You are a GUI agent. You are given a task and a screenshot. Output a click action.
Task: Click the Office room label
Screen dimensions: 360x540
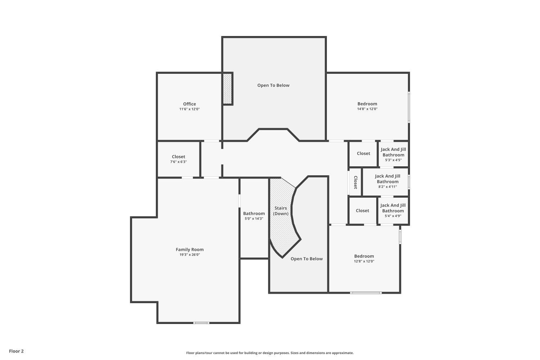click(x=189, y=104)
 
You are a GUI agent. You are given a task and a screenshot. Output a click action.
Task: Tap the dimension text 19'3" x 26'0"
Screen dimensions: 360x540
click(x=190, y=255)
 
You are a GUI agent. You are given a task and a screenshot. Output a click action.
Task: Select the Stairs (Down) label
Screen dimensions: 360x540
click(x=281, y=211)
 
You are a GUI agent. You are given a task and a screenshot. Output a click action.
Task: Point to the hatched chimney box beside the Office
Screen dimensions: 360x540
click(x=227, y=89)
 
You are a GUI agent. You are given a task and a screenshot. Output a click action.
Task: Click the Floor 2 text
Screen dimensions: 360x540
click(x=16, y=351)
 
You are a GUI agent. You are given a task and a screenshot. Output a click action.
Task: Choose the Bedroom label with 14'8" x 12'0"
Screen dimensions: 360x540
click(x=367, y=104)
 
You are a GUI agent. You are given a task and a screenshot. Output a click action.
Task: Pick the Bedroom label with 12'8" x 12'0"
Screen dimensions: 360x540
click(x=364, y=256)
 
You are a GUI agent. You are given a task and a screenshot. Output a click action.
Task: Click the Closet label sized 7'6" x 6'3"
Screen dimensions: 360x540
click(x=179, y=157)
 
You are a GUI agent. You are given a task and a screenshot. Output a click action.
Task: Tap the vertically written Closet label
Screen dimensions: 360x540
click(x=355, y=182)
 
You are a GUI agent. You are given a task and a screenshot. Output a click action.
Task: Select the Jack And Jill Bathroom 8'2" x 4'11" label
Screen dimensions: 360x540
click(x=387, y=179)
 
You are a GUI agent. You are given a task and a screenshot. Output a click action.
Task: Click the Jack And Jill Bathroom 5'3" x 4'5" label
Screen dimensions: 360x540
click(x=393, y=152)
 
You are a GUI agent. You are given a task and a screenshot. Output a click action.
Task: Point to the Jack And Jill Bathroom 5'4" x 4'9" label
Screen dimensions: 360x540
click(x=393, y=208)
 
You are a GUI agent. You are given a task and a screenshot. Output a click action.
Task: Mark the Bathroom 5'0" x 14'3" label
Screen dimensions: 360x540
click(x=254, y=213)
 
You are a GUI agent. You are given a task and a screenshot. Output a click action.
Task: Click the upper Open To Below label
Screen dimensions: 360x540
click(x=273, y=85)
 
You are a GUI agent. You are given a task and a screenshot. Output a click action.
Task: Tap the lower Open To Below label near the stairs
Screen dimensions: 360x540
click(x=306, y=259)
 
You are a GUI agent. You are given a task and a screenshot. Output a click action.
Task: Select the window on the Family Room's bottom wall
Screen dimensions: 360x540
click(x=201, y=323)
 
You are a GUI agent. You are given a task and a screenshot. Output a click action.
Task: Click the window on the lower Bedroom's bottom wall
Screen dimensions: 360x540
click(x=366, y=293)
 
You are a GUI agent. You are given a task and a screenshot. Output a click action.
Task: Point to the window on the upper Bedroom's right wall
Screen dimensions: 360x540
click(x=409, y=107)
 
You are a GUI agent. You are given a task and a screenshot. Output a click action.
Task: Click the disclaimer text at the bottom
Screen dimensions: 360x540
click(x=270, y=353)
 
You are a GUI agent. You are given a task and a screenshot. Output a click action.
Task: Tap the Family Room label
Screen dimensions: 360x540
click(x=190, y=249)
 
